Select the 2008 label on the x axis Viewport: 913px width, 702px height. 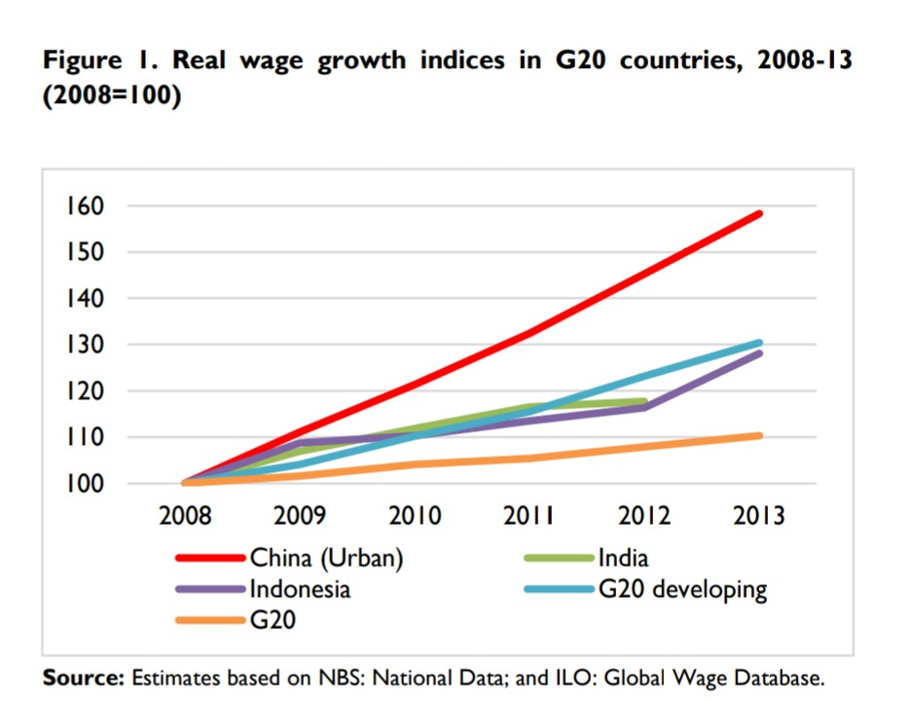point(185,515)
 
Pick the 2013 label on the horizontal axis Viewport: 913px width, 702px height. point(760,515)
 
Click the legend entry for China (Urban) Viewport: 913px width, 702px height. point(326,559)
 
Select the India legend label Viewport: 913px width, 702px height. point(624,559)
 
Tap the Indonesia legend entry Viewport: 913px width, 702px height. point(299,589)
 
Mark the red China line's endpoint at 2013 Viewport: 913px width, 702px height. point(759,213)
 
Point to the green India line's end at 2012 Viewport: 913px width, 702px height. point(643,401)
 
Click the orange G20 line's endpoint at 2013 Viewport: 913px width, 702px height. point(759,435)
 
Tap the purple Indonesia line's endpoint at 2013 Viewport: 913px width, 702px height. point(759,353)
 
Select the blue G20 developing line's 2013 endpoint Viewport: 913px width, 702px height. point(759,343)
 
